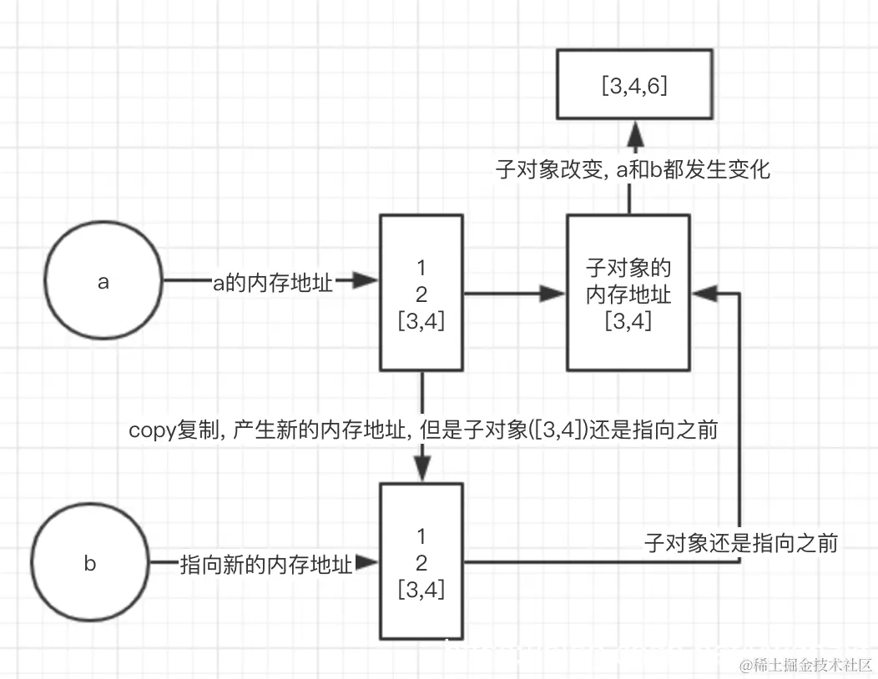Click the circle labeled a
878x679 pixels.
103,282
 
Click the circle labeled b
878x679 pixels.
90,563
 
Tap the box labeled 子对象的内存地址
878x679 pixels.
628,293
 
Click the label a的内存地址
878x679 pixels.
273,283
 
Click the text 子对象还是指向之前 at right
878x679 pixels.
740,543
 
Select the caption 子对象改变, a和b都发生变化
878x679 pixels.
633,170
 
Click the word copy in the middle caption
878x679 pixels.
151,430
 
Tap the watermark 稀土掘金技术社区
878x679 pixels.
805,665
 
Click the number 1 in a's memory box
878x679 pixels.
421,269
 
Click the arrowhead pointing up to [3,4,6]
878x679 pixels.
633,132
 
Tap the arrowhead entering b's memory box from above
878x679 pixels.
421,470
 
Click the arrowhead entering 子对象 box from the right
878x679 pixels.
704,292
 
